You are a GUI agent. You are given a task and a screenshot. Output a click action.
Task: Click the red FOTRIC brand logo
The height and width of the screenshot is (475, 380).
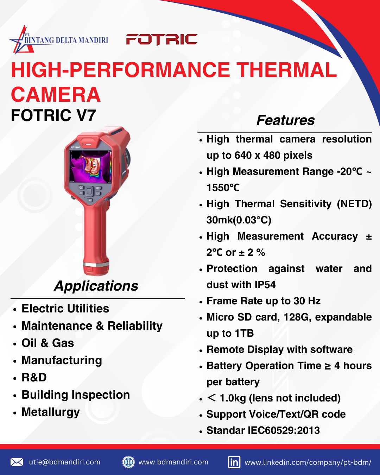(161, 39)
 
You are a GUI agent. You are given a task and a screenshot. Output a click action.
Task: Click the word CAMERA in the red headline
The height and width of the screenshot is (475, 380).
(56, 95)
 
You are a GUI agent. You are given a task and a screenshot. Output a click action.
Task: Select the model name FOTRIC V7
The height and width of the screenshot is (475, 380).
(53, 115)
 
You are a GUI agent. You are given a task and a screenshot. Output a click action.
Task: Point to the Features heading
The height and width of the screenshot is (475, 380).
(285, 120)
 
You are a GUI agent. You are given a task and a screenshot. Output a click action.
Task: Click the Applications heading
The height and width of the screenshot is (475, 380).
(96, 286)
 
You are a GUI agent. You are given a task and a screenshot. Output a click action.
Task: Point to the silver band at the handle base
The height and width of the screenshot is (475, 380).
(96, 265)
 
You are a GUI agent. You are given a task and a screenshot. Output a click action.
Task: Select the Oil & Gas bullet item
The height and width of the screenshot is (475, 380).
(48, 343)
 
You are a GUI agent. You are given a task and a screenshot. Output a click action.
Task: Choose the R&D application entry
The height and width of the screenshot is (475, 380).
(34, 378)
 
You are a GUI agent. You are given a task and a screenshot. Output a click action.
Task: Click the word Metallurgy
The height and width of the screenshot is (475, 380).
(51, 412)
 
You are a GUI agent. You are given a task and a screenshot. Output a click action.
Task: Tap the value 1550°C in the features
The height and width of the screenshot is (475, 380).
(223, 188)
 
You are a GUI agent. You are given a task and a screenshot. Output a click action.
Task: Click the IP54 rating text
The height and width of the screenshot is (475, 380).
(265, 285)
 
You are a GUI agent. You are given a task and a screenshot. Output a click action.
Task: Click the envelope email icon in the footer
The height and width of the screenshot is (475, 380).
(17, 462)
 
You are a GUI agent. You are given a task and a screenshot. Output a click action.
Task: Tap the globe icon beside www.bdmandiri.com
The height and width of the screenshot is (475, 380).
(128, 462)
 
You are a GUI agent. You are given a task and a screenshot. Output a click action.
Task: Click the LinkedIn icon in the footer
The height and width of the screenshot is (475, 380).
(234, 462)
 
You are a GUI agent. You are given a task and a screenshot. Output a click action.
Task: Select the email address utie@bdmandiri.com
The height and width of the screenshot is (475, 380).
(65, 462)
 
